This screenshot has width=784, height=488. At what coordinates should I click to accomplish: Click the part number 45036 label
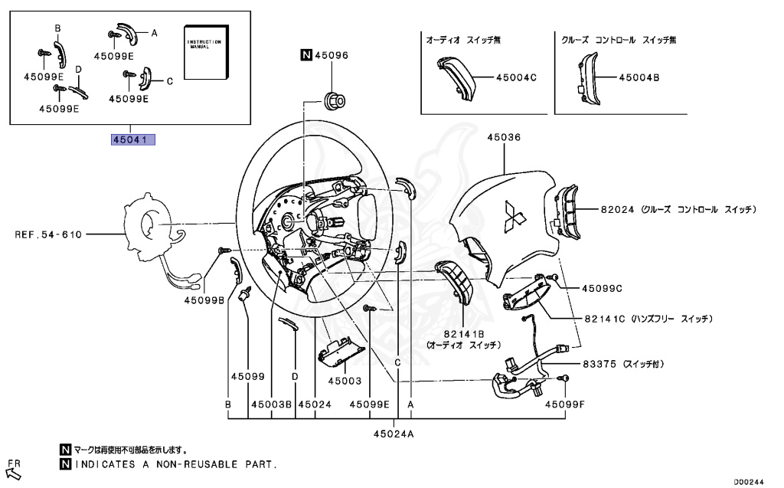coord(503,137)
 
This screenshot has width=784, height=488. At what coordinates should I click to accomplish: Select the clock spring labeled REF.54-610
coord(153,226)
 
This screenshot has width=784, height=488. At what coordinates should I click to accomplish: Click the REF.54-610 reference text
coord(47,234)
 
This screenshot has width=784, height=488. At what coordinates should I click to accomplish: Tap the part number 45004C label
coord(516,77)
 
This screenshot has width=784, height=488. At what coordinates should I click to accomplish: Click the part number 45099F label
coord(564,404)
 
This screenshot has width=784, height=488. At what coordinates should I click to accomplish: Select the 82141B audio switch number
coord(463,335)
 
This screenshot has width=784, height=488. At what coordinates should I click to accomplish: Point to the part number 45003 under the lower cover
coord(345,380)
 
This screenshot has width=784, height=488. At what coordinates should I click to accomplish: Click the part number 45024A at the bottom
coord(394,434)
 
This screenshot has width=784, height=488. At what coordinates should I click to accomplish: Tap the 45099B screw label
coord(204,301)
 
